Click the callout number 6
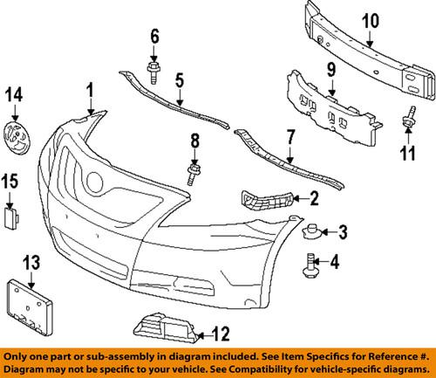click(x=155, y=36)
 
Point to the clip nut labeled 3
click(x=311, y=232)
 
